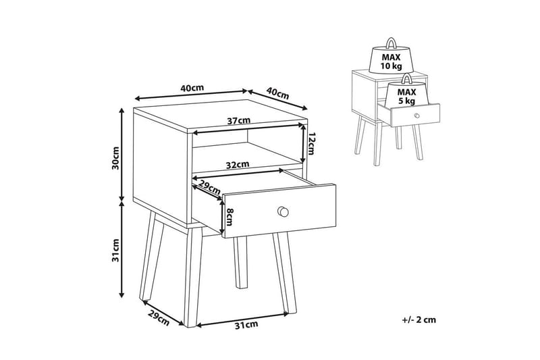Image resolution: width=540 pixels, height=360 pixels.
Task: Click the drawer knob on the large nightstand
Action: pyautogui.click(x=283, y=211)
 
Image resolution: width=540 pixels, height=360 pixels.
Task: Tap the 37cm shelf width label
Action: pyautogui.click(x=238, y=121)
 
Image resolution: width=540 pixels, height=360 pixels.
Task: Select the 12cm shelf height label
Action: pyautogui.click(x=311, y=144)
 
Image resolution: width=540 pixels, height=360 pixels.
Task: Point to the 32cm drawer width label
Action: pyautogui.click(x=238, y=165)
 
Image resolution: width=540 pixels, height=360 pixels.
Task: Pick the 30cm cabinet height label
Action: pyautogui.click(x=115, y=158)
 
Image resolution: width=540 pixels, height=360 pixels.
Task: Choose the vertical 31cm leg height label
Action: pyautogui.click(x=115, y=250)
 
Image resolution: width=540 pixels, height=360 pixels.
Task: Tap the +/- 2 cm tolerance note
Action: pyautogui.click(x=418, y=319)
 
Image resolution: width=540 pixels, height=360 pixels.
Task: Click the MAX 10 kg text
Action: pyautogui.click(x=391, y=61)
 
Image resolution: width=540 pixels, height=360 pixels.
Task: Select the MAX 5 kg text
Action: pyautogui.click(x=407, y=97)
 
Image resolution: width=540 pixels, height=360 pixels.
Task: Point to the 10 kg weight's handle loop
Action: pyautogui.click(x=391, y=43)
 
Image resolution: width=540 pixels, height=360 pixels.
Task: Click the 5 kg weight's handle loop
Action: pyautogui.click(x=407, y=78)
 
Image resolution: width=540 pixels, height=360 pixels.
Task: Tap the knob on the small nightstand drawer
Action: pyautogui.click(x=417, y=115)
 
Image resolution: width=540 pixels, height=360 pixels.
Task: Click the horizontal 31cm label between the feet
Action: pyautogui.click(x=246, y=324)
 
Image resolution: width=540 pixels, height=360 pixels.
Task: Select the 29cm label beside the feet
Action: pyautogui.click(x=159, y=318)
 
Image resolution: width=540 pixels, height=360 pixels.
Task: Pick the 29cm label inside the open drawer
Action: pyautogui.click(x=209, y=188)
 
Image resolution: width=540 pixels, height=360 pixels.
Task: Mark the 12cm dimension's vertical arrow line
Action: pyautogui.click(x=302, y=144)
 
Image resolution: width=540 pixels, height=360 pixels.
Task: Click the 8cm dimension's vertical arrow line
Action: pyautogui.click(x=221, y=215)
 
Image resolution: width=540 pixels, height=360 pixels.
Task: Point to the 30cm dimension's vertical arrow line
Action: pyautogui.click(x=122, y=154)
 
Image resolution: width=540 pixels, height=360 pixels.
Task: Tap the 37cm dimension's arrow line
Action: pyautogui.click(x=247, y=129)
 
